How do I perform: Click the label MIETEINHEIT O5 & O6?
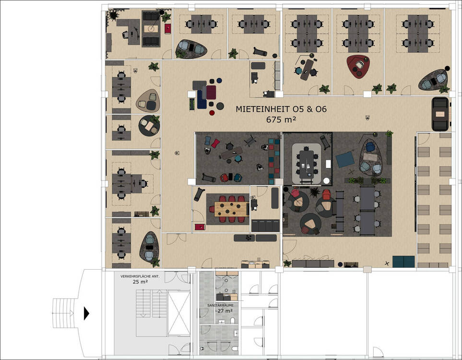(x=281, y=109)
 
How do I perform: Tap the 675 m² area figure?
(x=281, y=120)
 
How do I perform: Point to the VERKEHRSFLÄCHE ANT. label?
(x=140, y=276)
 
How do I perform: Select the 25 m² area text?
(x=140, y=282)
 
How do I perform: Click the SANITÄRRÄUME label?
(x=220, y=305)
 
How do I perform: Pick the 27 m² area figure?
(x=225, y=311)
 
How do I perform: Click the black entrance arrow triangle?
(x=86, y=313)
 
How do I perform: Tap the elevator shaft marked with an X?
(x=179, y=313)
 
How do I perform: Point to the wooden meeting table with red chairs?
(x=232, y=209)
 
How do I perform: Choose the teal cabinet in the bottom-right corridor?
(x=403, y=262)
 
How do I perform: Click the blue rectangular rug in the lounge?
(x=345, y=159)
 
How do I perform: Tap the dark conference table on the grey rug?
(x=307, y=165)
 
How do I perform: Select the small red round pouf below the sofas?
(x=212, y=113)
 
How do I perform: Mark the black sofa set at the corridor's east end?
(x=440, y=114)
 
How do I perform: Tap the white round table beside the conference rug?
(x=326, y=181)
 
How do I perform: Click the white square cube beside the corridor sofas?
(x=192, y=95)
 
